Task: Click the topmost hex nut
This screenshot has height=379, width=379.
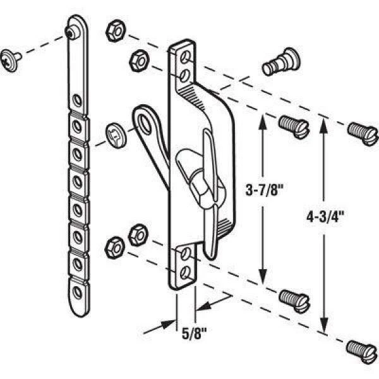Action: (x=114, y=29)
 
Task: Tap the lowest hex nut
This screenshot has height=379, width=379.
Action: (x=114, y=243)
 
